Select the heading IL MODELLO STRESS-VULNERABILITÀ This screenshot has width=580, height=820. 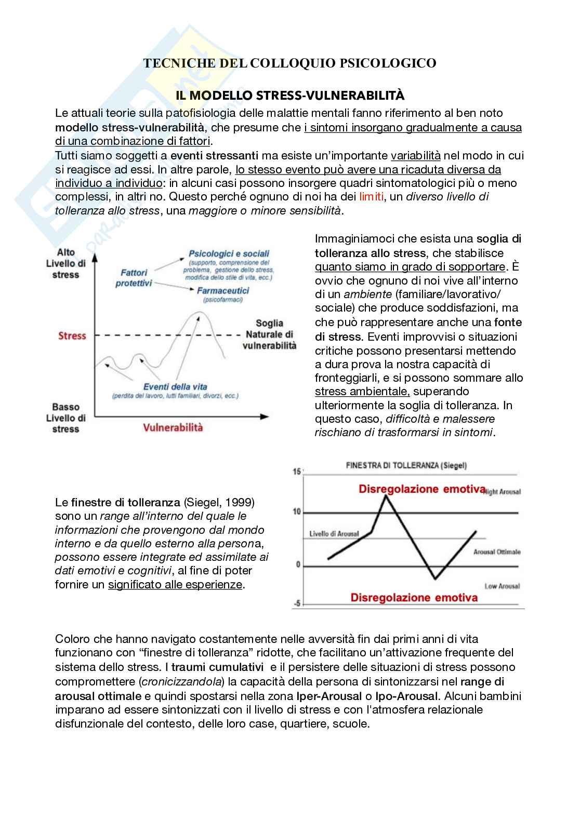click(x=290, y=96)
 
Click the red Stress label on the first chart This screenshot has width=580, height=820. click(x=72, y=336)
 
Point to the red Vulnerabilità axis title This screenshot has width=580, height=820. click(x=173, y=427)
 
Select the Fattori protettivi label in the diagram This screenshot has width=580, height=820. click(x=134, y=278)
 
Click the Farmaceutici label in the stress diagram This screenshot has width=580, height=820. click(x=223, y=291)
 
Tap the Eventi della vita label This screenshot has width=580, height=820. click(x=175, y=386)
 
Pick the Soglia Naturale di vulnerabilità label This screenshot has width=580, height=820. click(x=269, y=334)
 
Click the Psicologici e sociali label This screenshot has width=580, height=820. click(x=229, y=254)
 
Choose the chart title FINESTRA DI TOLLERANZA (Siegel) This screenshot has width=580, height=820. click(x=406, y=465)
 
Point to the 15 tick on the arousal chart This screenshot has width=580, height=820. click(x=297, y=472)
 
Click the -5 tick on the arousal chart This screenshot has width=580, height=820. click(x=297, y=603)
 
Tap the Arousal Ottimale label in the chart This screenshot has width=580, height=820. click(x=496, y=552)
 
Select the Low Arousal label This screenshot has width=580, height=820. click(x=502, y=586)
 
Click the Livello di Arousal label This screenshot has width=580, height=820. click(x=334, y=534)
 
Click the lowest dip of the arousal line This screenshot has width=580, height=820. click(x=436, y=578)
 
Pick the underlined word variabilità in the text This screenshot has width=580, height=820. click(x=416, y=155)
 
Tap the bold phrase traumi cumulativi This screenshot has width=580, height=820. click(x=214, y=667)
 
